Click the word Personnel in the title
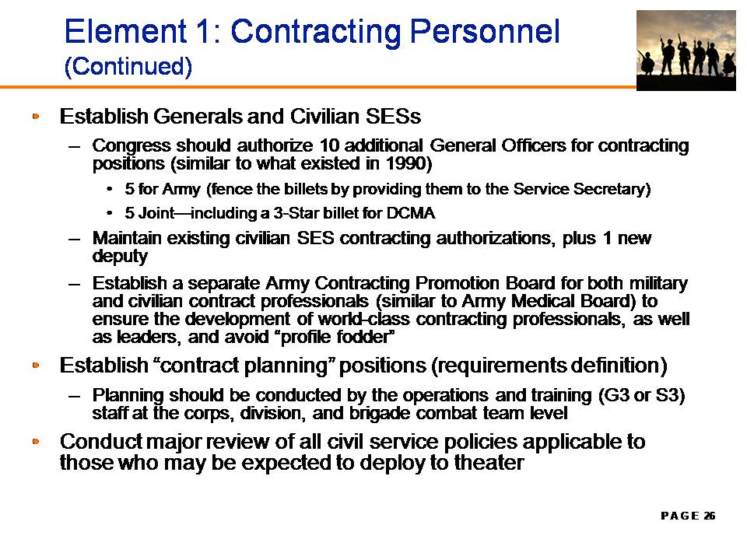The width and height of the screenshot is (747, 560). (485, 31)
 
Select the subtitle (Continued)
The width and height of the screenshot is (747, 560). (128, 66)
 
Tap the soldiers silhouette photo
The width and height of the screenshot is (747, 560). (686, 51)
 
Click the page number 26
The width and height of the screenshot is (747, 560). (710, 516)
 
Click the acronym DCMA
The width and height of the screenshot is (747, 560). (411, 213)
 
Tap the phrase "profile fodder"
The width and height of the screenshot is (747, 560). (338, 337)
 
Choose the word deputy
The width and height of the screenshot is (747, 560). (120, 257)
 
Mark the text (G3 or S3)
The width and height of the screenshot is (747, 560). (641, 395)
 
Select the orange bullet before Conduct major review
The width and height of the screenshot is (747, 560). (36, 441)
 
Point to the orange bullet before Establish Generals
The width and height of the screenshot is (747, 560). (36, 116)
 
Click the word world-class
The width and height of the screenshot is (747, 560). (364, 319)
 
